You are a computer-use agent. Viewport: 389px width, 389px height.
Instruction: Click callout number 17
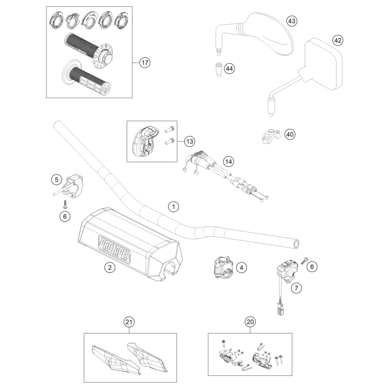coord(145,63)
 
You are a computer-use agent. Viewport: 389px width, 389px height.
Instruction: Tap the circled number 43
coord(292,21)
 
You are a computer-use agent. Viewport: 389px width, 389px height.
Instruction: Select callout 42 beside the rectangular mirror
coord(338,40)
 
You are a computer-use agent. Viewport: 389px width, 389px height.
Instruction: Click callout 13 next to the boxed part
coord(189,141)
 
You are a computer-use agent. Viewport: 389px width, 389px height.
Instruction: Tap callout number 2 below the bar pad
coord(109,268)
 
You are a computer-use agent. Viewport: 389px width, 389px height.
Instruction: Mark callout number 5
coord(57,180)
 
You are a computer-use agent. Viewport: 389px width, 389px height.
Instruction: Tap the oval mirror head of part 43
coord(267,32)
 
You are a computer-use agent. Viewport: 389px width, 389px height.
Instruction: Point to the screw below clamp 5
coord(65,203)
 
